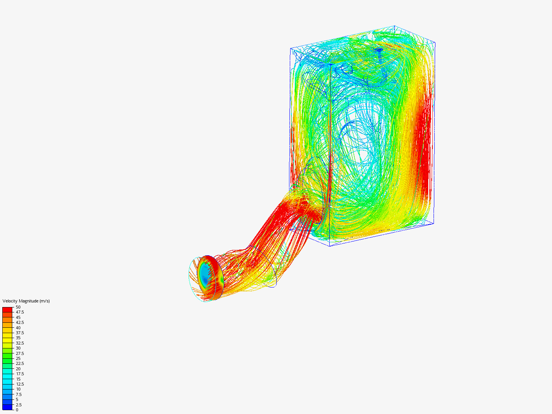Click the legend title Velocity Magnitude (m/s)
26,301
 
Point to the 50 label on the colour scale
18,307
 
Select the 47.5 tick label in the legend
20,312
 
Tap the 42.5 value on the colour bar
20,322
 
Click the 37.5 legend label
20,333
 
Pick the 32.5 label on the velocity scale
20,343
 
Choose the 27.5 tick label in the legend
20,353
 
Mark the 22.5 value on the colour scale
20,363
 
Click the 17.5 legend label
20,374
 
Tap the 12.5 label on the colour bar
20,384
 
